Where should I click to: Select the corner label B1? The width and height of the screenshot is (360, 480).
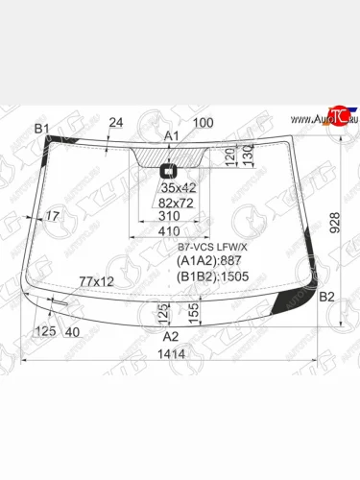point(41,129)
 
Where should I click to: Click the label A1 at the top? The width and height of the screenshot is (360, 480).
point(172,136)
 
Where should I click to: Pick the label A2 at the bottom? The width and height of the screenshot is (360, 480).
point(170,336)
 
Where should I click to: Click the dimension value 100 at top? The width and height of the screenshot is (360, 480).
point(203,122)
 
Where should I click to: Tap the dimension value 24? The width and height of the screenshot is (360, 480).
point(116,122)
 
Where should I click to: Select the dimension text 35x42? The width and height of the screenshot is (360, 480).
point(177,188)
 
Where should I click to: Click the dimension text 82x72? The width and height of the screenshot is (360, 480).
point(177,204)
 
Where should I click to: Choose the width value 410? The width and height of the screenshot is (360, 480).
point(169,231)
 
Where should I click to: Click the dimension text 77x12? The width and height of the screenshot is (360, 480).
point(96,280)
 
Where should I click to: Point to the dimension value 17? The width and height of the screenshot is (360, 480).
point(52,217)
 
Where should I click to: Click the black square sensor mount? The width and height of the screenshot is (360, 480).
point(170,173)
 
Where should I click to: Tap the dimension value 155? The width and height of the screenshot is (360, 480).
point(194,312)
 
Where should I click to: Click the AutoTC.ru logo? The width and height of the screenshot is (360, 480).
point(331,119)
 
